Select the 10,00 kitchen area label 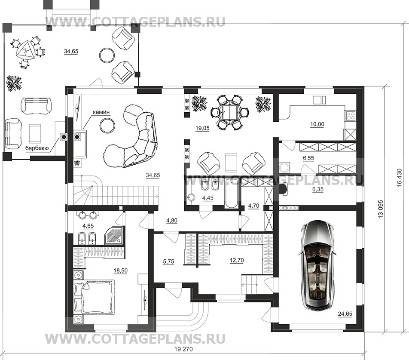[317, 124]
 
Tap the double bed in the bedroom [94, 296]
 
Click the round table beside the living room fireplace [107, 125]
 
